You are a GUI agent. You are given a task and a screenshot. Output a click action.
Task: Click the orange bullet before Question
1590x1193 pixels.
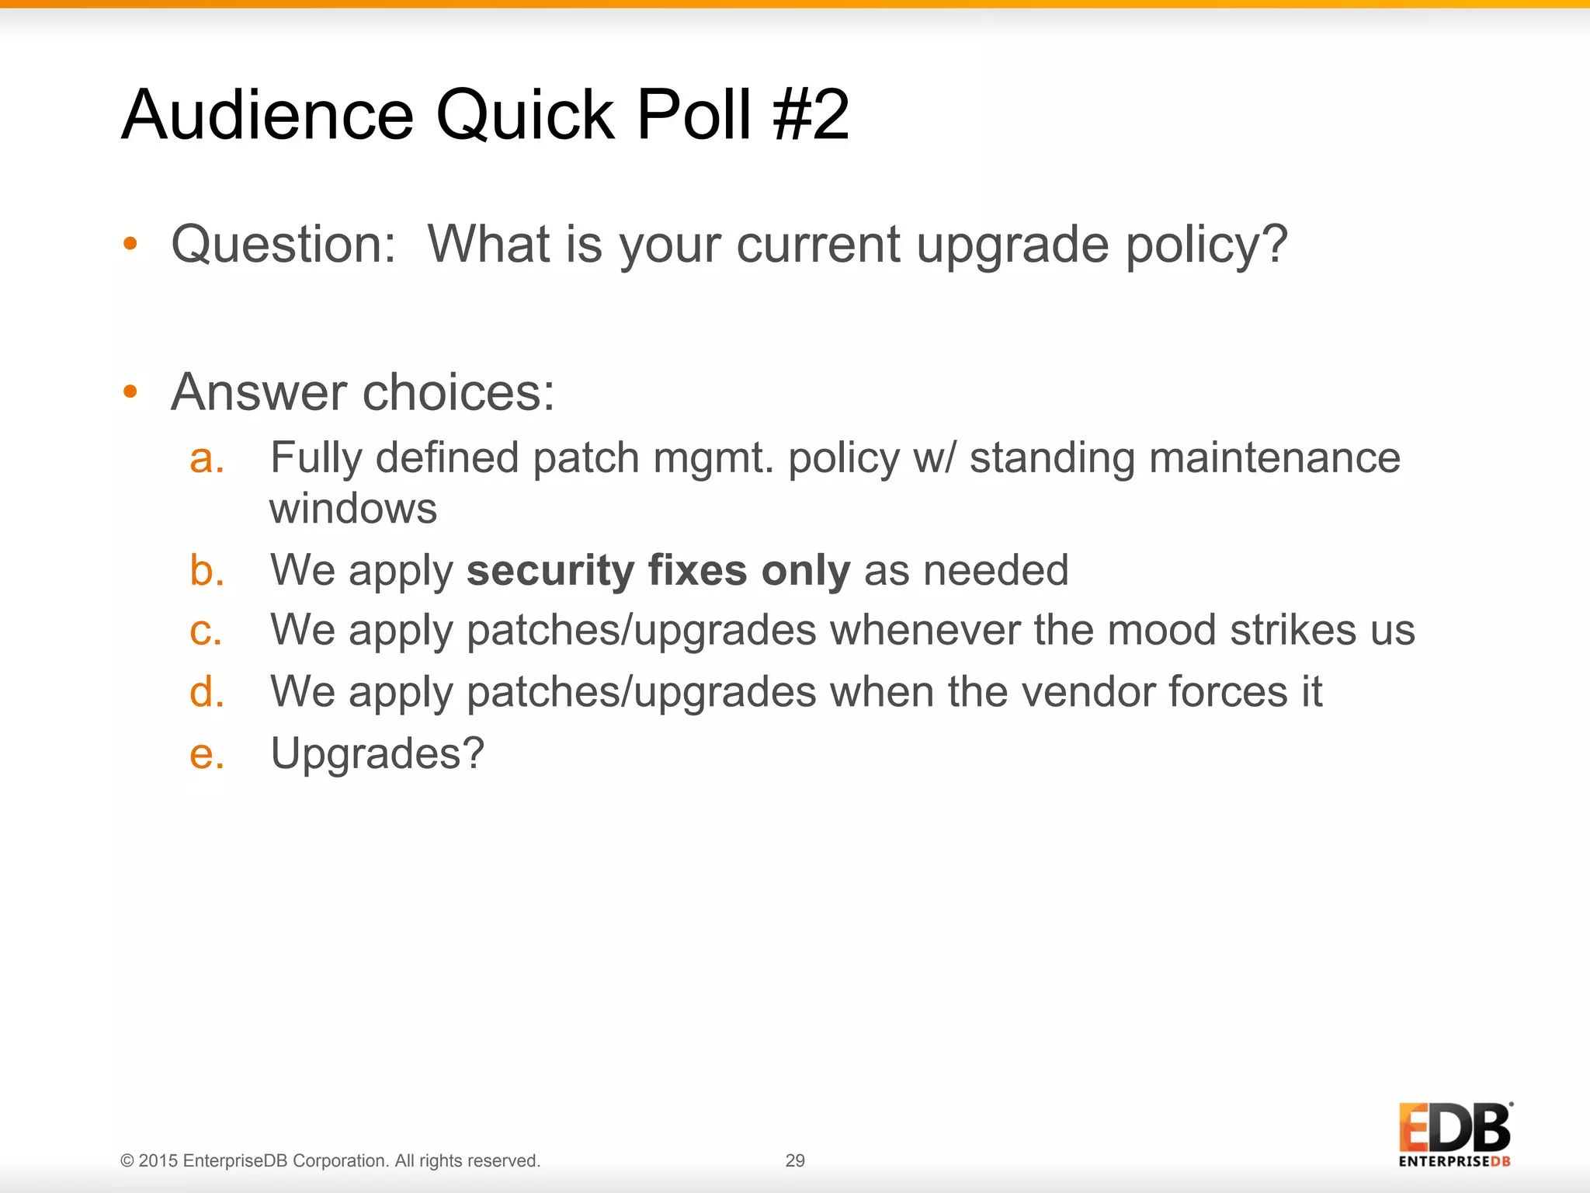pyautogui.click(x=130, y=244)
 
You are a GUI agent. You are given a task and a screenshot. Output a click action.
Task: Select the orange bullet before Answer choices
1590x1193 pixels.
pyautogui.click(x=130, y=391)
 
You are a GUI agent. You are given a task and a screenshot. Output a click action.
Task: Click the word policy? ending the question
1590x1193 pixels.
pyautogui.click(x=1206, y=245)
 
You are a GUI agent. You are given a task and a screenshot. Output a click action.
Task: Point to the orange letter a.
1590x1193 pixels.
pyautogui.click(x=207, y=458)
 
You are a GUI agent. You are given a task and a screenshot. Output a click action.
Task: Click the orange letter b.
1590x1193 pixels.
pyautogui.click(x=207, y=571)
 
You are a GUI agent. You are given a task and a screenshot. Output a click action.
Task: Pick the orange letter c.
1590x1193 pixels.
pyautogui.click(x=206, y=630)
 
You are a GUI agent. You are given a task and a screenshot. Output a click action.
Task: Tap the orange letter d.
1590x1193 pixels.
pyautogui.click(x=207, y=691)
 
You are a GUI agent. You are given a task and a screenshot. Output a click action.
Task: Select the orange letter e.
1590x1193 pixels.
pyautogui.click(x=207, y=753)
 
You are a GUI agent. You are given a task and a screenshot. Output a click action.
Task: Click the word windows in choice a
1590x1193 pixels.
pyautogui.click(x=353, y=509)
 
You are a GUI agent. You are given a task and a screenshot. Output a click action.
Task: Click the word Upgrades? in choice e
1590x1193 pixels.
pyautogui.click(x=377, y=753)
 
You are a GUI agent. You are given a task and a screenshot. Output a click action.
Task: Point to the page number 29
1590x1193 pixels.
pyautogui.click(x=795, y=1160)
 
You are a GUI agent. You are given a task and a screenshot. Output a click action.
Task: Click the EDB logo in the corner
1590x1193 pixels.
pyautogui.click(x=1455, y=1134)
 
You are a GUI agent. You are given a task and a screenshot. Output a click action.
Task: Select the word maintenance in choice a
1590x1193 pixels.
pyautogui.click(x=1274, y=457)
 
